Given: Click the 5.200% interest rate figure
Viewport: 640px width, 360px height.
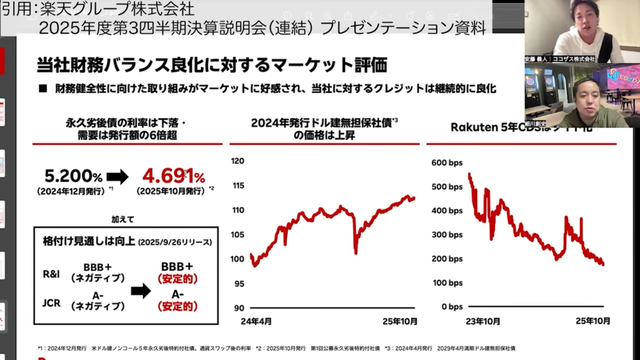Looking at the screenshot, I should click(x=73, y=176).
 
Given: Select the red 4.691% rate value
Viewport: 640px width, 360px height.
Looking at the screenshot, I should click(x=173, y=176).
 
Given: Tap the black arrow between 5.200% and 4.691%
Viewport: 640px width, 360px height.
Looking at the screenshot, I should click(x=117, y=177).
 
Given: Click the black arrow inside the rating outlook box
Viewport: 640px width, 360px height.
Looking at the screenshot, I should click(x=141, y=290).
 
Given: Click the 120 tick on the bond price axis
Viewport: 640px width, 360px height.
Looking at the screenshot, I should click(x=237, y=161).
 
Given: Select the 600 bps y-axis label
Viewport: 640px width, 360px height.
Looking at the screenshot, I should click(x=447, y=162).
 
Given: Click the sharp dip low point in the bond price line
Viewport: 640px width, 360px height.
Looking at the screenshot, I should click(x=356, y=253).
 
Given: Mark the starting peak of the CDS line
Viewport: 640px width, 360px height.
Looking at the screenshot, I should click(x=469, y=174).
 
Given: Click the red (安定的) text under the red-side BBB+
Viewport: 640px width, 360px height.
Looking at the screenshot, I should click(x=177, y=278).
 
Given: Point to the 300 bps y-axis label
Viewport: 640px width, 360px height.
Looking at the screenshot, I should click(x=447, y=235).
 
